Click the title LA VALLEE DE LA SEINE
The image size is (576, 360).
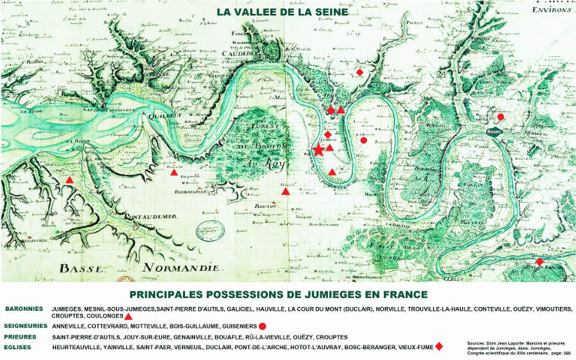pyautogui.click(x=283, y=12)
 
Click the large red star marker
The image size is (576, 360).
pyautogui.click(x=318, y=150)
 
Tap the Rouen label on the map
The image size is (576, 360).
pyautogui.click(x=493, y=132)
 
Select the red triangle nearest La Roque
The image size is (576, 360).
pyautogui.click(x=70, y=180)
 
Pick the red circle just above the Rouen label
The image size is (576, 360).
pyautogui.click(x=501, y=117)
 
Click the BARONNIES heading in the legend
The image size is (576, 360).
pyautogui.click(x=24, y=309)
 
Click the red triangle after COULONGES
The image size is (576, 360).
pyautogui.click(x=128, y=316)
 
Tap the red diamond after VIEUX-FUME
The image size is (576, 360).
pyautogui.click(x=439, y=347)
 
